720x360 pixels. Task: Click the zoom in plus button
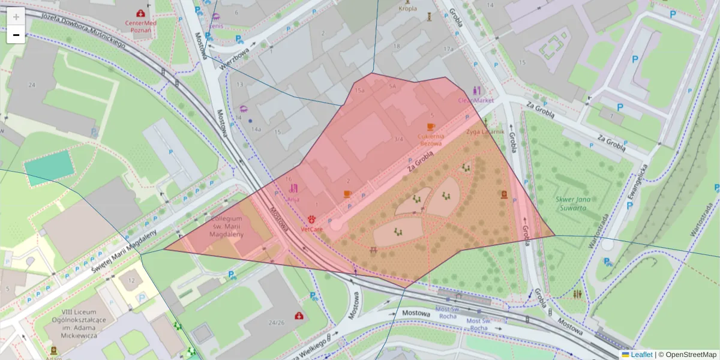tap(16, 17)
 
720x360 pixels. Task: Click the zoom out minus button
tap(16, 35)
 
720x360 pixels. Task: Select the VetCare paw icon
tap(312, 219)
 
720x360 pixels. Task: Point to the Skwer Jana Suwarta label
tap(567, 205)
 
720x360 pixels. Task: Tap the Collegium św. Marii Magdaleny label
tap(227, 227)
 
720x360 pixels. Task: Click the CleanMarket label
tap(476, 100)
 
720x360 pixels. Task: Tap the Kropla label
tap(407, 8)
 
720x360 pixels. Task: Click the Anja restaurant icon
tap(293, 188)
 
